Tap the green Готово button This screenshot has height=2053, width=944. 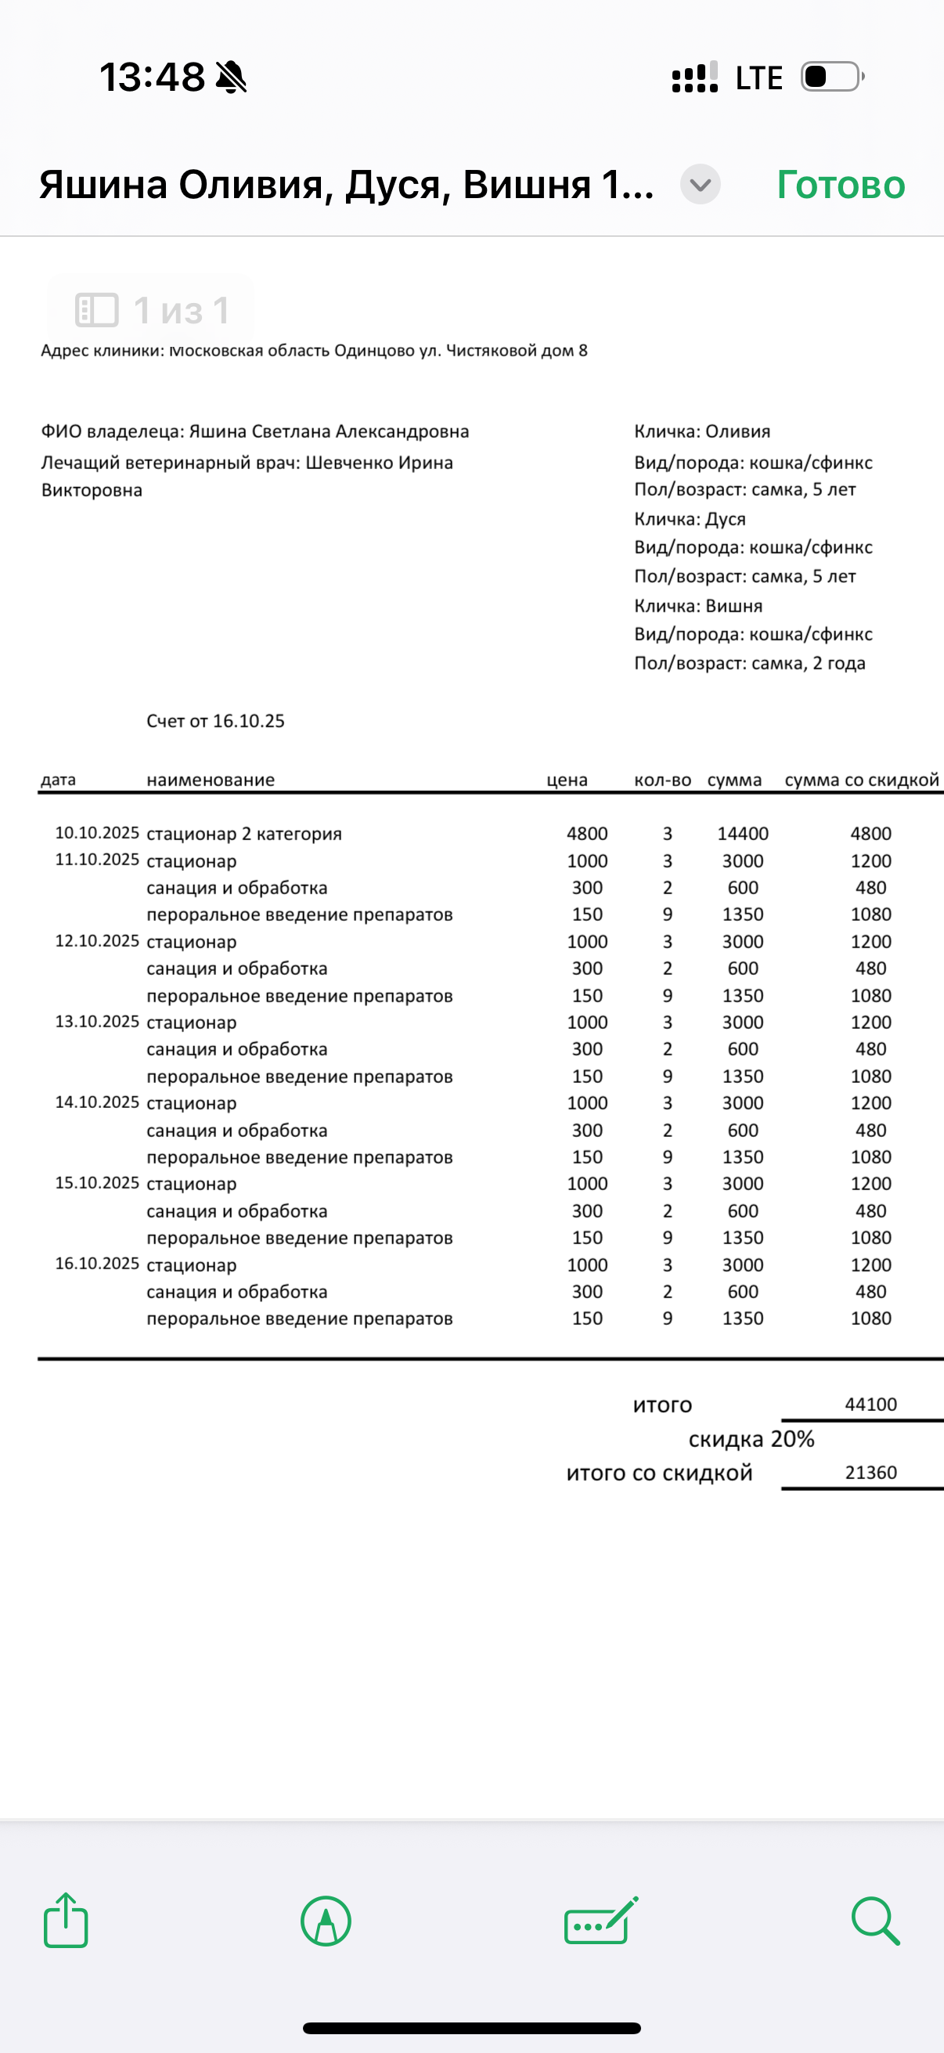841,185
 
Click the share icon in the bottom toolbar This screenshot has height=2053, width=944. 65,1921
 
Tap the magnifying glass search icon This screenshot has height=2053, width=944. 874,1921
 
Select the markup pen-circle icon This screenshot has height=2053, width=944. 326,1921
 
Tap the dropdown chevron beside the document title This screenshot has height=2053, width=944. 701,185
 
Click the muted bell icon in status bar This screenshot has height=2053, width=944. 231,78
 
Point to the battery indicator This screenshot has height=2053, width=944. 832,78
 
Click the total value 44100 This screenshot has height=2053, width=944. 870,1404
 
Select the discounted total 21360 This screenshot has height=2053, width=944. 870,1473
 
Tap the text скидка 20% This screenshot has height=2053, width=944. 751,1439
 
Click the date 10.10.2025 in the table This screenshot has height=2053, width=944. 96,833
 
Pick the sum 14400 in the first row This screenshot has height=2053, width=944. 743,834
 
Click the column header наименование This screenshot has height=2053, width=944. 211,780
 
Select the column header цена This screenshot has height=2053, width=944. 567,780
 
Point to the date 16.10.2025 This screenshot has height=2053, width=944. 96,1264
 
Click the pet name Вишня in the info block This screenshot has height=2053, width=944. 733,606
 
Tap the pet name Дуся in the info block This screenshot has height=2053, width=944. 725,519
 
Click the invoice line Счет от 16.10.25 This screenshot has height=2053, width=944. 215,721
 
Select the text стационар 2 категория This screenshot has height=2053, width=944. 243,835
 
